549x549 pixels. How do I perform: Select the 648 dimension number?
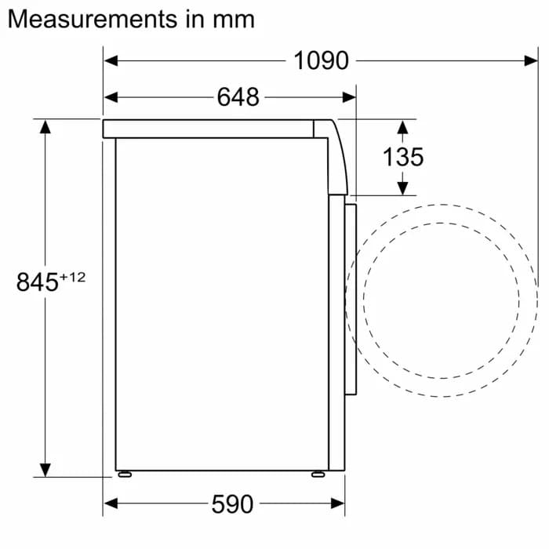point(238,97)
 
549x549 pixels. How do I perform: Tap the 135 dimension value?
point(402,157)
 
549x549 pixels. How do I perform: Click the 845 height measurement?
point(37,282)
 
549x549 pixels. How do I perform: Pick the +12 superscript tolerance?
point(72,276)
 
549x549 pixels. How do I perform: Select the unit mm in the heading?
point(234,20)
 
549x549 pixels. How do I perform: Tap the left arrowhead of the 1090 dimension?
point(111,60)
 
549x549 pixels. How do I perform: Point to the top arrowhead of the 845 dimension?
point(45,126)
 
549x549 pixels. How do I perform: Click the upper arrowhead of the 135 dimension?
point(402,126)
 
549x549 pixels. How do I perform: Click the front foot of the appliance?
point(318,474)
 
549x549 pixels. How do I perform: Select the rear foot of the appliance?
point(123,474)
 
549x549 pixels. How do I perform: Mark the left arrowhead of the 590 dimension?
point(111,503)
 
